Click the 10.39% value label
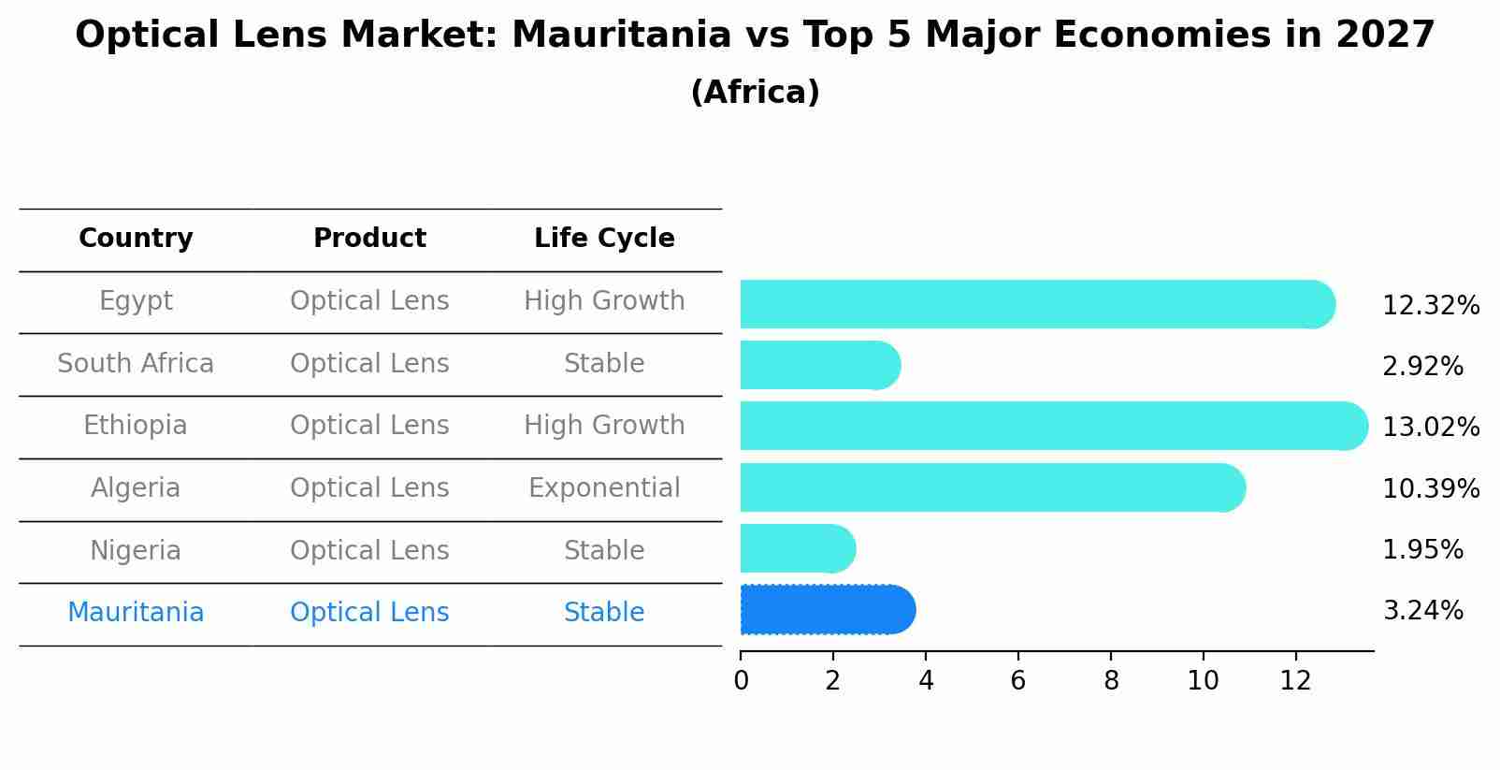(1430, 488)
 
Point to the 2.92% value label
(1421, 366)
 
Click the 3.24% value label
(1421, 611)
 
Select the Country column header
(136, 239)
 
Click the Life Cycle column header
(604, 239)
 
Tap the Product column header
(369, 239)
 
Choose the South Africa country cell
(136, 364)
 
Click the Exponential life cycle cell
(604, 488)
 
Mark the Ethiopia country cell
(136, 426)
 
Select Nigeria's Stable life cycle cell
(604, 551)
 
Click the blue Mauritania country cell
(136, 613)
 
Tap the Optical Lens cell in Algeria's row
(369, 488)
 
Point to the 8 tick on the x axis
(1111, 680)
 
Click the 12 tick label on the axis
(1295, 680)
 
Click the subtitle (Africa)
(755, 93)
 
